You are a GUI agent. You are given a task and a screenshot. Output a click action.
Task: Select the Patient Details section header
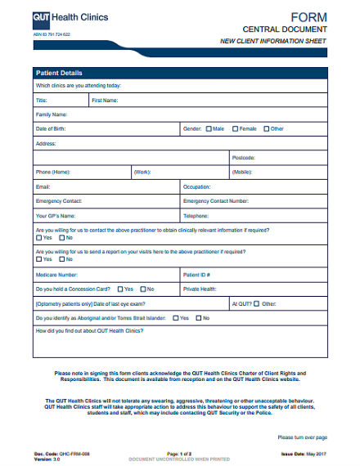coord(59,73)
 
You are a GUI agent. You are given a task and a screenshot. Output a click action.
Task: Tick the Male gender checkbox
coord(209,128)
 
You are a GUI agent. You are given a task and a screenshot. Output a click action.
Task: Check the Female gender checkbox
coord(236,128)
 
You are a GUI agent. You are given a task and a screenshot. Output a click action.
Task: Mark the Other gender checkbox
coord(266,128)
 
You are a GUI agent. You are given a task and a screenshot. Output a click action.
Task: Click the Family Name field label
coord(51,114)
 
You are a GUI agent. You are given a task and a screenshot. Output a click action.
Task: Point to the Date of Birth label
coord(51,128)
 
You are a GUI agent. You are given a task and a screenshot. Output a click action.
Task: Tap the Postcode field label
coord(244,157)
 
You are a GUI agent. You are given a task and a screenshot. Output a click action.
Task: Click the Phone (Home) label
coord(52,172)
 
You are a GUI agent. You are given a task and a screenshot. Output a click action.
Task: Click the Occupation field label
coord(197,186)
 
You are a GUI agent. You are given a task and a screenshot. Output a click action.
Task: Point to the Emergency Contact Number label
coord(216,201)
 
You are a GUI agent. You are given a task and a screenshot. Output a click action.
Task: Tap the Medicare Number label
coord(56,275)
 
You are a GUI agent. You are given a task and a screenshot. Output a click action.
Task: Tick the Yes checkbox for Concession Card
coord(119,289)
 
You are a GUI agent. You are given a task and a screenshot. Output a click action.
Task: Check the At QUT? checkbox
coord(256,303)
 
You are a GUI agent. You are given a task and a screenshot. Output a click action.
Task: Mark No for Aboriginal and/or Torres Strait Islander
coord(196,317)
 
